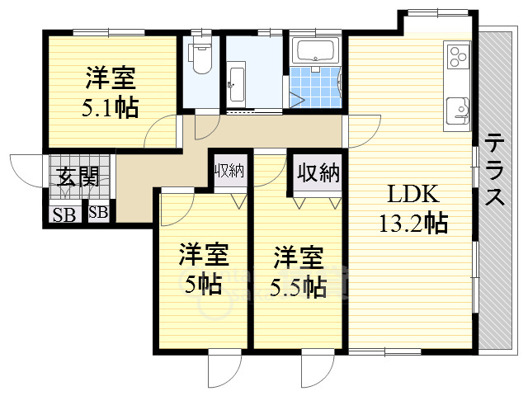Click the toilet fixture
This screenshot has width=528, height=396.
201,58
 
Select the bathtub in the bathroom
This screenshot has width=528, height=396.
315,50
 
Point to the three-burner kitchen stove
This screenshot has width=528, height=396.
458,57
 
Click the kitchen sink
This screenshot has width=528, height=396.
458,111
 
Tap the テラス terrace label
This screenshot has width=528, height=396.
495,169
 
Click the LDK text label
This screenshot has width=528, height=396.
413,195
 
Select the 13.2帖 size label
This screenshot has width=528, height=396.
413,223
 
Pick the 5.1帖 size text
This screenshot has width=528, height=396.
110,107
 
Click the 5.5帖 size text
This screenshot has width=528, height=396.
299,287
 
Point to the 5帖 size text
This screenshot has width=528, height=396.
204,285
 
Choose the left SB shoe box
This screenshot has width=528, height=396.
64,214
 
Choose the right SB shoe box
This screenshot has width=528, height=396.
98,213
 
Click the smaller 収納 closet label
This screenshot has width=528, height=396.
230,171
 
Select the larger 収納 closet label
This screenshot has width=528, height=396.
318,172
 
